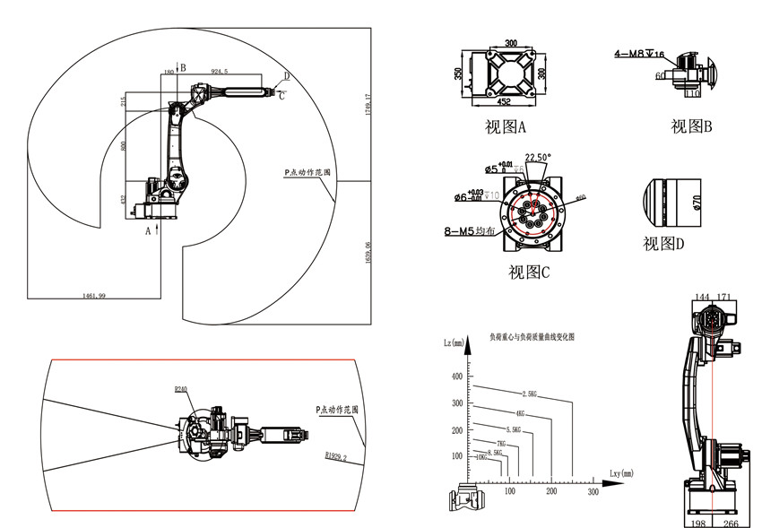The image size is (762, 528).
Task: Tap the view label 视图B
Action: coord(691,126)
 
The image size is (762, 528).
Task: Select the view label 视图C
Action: coord(528,272)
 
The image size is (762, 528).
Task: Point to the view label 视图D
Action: coord(666,243)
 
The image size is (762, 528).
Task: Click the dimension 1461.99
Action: coord(93,294)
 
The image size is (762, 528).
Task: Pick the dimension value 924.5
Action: coord(219,70)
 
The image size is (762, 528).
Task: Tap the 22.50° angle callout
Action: coord(538,156)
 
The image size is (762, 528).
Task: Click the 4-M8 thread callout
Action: coord(639,54)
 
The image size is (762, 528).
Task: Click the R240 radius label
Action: coord(182,390)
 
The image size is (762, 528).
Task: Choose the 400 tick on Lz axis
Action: coord(458,376)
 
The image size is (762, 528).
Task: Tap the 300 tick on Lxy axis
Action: coord(593,492)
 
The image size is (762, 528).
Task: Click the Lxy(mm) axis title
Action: coord(620,472)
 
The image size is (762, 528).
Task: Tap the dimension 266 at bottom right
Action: coord(731,523)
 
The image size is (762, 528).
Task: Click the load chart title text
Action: coord(530,338)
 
